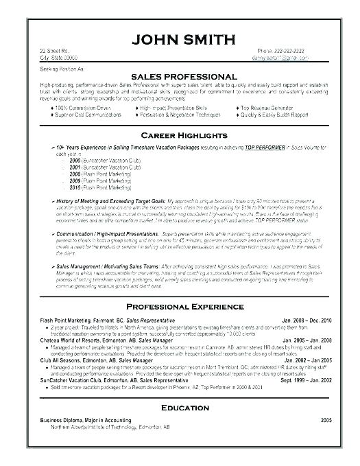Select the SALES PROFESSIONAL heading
180,75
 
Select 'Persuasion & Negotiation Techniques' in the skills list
181,115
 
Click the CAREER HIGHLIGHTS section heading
180,135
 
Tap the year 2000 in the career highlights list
77,159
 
